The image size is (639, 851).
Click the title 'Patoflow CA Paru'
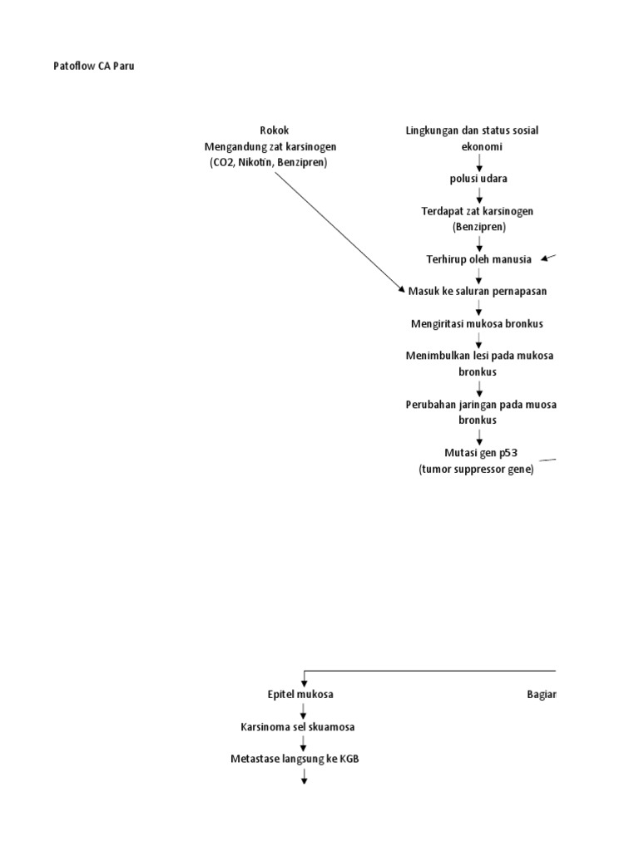[x=94, y=66]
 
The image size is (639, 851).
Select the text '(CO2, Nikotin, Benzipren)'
[x=270, y=162]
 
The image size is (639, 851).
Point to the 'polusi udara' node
[x=479, y=179]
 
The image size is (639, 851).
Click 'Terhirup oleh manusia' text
[x=478, y=259]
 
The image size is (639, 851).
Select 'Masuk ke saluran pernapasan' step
[x=478, y=291]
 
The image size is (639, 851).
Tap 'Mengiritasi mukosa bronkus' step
[x=478, y=322]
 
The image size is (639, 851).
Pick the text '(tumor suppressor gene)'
[x=476, y=470]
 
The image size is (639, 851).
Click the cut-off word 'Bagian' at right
[x=541, y=694]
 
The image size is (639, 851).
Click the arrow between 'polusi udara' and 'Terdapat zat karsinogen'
[x=479, y=194]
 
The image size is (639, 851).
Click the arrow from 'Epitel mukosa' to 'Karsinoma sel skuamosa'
[x=304, y=711]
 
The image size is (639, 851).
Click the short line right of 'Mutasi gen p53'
[x=547, y=459]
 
